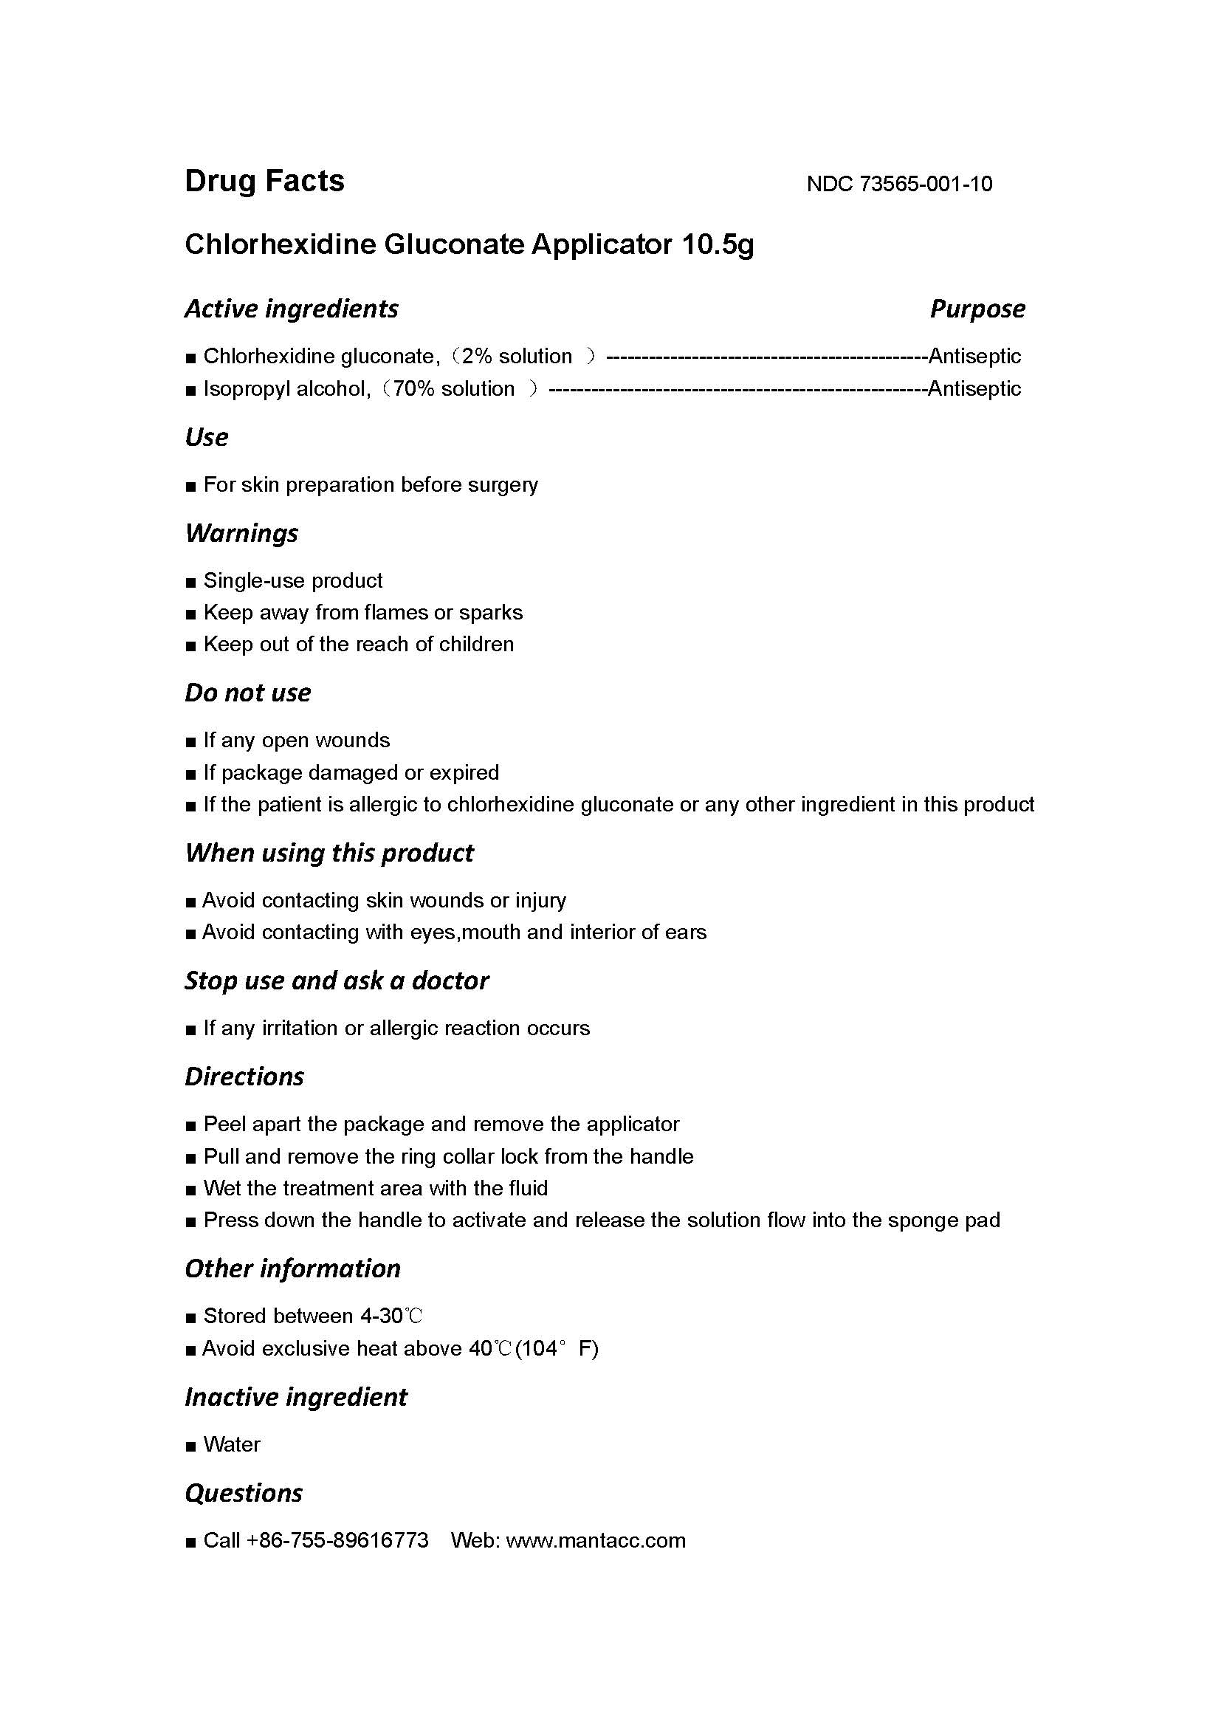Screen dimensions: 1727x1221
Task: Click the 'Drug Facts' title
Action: pyautogui.click(x=265, y=182)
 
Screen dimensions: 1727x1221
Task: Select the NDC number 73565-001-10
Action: pyautogui.click(x=925, y=185)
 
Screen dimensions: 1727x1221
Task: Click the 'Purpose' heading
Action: pyautogui.click(x=977, y=309)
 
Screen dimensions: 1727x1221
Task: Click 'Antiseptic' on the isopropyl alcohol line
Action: pyautogui.click(x=974, y=389)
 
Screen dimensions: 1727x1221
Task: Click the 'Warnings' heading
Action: pyautogui.click(x=241, y=533)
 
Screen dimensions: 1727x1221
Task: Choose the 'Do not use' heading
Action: pyautogui.click(x=247, y=693)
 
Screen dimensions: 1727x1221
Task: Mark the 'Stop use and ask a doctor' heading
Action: pyautogui.click(x=337, y=981)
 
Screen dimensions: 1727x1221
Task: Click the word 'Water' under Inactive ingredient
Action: pyautogui.click(x=232, y=1444)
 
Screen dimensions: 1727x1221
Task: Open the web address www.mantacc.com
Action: pyautogui.click(x=596, y=1540)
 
